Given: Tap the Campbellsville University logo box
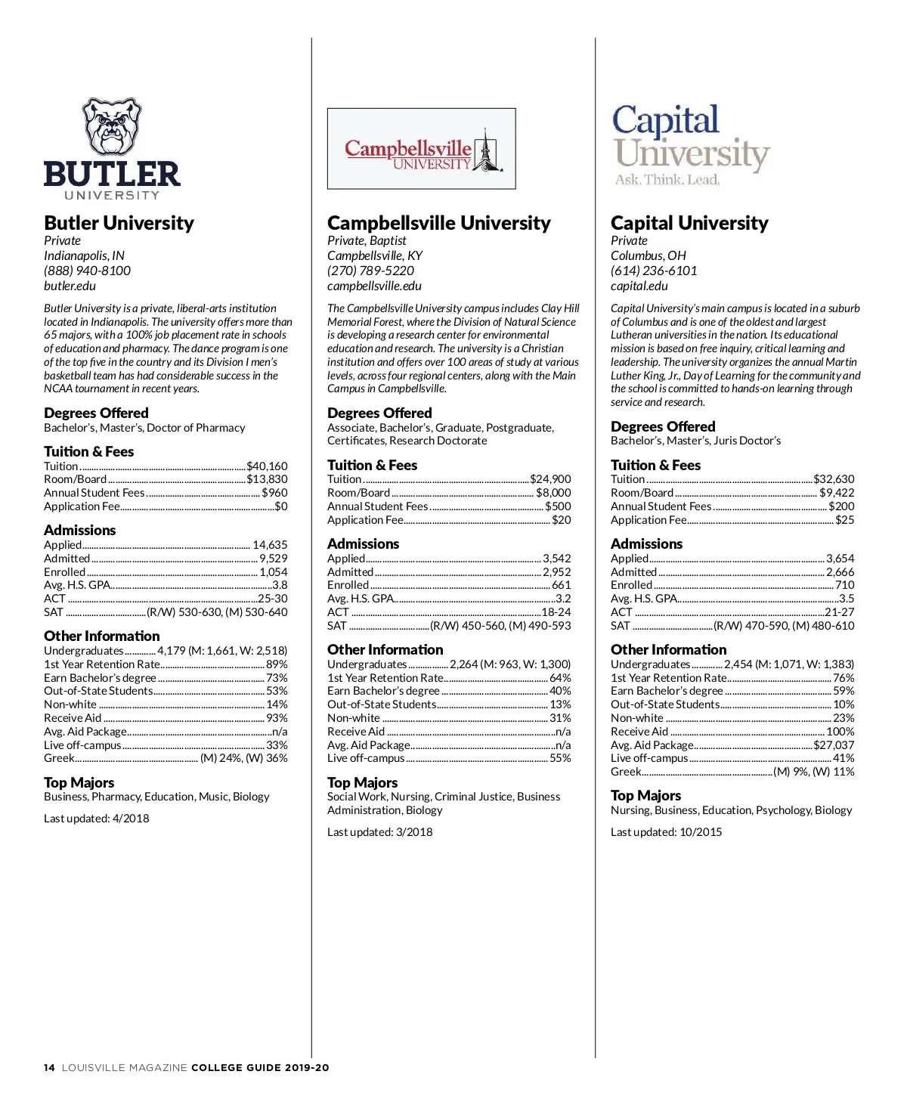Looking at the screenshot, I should (421, 149).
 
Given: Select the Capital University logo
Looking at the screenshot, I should (689, 145).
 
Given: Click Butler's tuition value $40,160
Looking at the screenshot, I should (267, 466).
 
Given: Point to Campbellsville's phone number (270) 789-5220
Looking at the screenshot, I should (370, 271).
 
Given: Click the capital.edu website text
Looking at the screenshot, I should (639, 286).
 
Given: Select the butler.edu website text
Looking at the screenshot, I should (70, 286).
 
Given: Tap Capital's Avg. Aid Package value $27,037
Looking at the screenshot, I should (834, 745).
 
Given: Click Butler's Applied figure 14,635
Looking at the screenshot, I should (270, 545).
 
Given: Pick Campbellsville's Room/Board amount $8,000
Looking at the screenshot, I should (553, 493).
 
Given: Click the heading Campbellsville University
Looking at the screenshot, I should (438, 223).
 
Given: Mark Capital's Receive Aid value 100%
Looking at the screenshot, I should (840, 732).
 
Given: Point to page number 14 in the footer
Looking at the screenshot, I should (49, 1068).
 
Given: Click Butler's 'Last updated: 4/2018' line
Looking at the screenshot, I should (96, 819).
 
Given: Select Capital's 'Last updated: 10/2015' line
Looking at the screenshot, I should (666, 832).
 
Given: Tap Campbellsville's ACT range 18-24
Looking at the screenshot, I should (556, 612).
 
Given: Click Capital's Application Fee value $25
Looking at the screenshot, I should (844, 520).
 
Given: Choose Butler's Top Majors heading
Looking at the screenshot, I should (79, 783).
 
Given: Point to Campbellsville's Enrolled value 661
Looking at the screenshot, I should (561, 585).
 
